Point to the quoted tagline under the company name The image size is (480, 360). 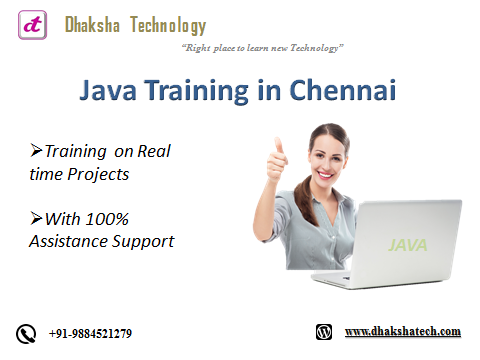pos(263,47)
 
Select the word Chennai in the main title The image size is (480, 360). pos(342,92)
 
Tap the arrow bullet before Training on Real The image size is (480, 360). pos(37,151)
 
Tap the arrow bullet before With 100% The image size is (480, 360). pos(37,218)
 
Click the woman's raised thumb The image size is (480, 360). pos(280,148)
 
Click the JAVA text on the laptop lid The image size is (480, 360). pos(404,243)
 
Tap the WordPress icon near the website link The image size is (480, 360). pos(324,331)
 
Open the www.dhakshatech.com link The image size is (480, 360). pos(402,331)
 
